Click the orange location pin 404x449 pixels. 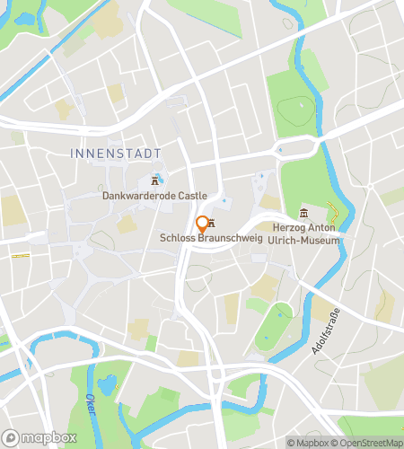[202, 224]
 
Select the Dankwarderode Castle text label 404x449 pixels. [154, 195]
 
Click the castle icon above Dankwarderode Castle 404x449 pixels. [155, 180]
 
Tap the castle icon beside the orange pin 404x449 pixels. [213, 223]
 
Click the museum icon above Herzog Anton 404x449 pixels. [303, 212]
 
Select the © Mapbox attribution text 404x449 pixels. [307, 442]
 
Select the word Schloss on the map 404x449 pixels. [175, 238]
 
